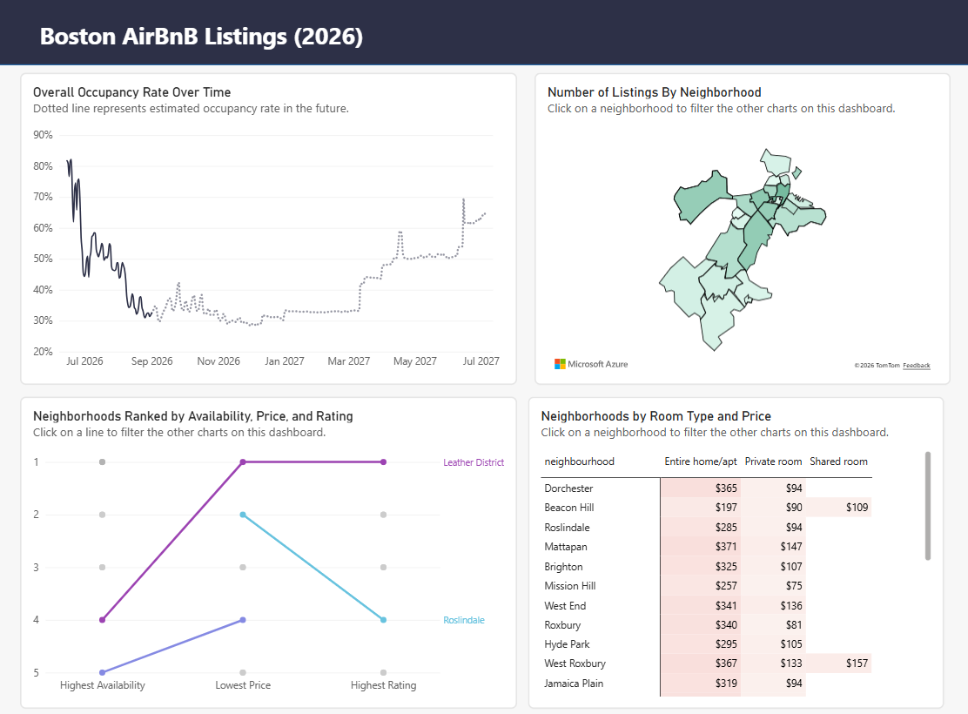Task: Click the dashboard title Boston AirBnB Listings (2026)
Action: click(x=201, y=37)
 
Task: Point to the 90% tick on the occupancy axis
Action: click(x=43, y=135)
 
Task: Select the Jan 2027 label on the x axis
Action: click(x=284, y=361)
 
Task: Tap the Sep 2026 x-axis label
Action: click(x=151, y=361)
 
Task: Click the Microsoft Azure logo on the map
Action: click(x=591, y=365)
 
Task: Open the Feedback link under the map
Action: click(x=916, y=366)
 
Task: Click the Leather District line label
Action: click(x=474, y=462)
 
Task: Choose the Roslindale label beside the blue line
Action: click(x=464, y=620)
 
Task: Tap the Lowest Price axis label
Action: click(x=243, y=685)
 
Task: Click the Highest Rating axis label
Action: click(x=383, y=685)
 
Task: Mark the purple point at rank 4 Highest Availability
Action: click(x=103, y=619)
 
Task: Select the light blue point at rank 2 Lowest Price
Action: click(x=243, y=515)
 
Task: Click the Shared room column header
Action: click(x=838, y=461)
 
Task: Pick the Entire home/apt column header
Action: click(x=701, y=461)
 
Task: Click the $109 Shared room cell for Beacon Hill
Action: click(x=857, y=507)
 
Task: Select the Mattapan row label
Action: click(x=566, y=547)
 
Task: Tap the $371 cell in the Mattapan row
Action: click(x=726, y=547)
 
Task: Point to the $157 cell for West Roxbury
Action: click(x=857, y=663)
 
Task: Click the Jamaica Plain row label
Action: click(x=574, y=684)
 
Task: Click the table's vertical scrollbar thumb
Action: click(x=927, y=506)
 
